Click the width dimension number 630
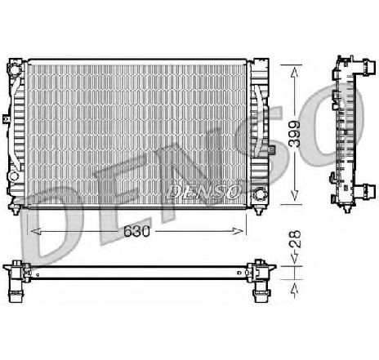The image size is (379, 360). click(137, 233)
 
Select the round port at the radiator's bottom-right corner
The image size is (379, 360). click(260, 194)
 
